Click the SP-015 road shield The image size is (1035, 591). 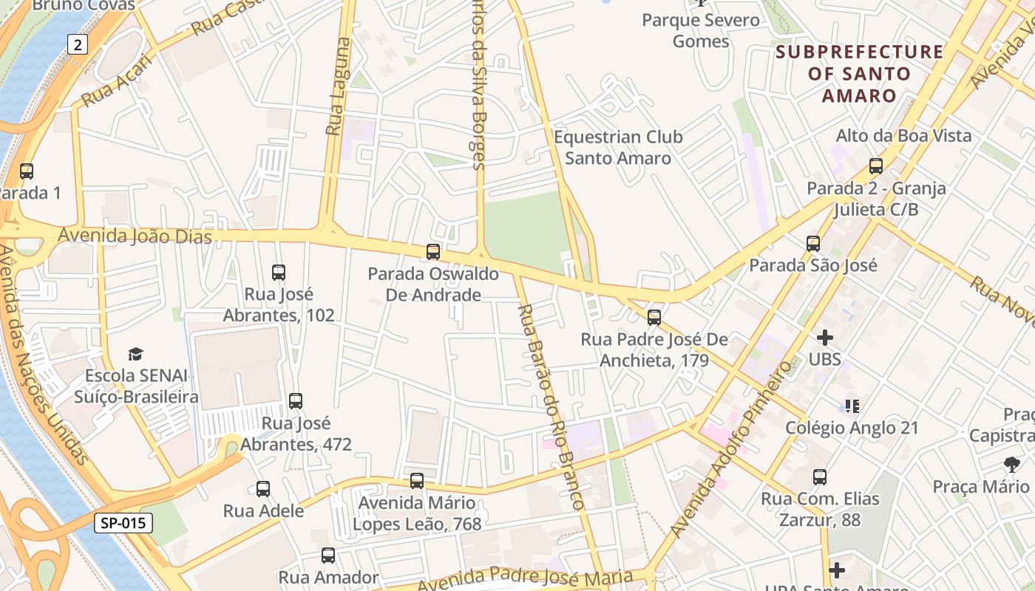click(x=123, y=523)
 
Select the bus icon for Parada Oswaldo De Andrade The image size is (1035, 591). click(x=433, y=252)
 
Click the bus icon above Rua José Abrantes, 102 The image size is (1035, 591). click(x=279, y=273)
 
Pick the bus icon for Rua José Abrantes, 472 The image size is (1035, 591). click(x=296, y=401)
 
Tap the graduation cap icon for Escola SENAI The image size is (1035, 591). click(x=135, y=354)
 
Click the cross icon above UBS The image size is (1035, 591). click(x=825, y=338)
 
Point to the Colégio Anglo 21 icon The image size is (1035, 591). click(x=852, y=406)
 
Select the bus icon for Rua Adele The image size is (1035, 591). click(x=263, y=489)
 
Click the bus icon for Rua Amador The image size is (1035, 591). click(x=328, y=556)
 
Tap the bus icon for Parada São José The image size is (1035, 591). click(x=813, y=243)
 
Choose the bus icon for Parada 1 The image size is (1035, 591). click(x=27, y=171)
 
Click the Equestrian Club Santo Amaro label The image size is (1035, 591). click(x=618, y=148)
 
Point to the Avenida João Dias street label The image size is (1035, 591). click(x=135, y=236)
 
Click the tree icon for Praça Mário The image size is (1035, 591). click(x=1011, y=465)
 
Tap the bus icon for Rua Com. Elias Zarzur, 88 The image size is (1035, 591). click(x=820, y=477)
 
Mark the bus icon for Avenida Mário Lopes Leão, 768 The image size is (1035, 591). click(x=417, y=481)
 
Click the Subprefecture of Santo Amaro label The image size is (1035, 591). click(x=860, y=74)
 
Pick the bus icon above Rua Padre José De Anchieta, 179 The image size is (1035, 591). click(x=654, y=318)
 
